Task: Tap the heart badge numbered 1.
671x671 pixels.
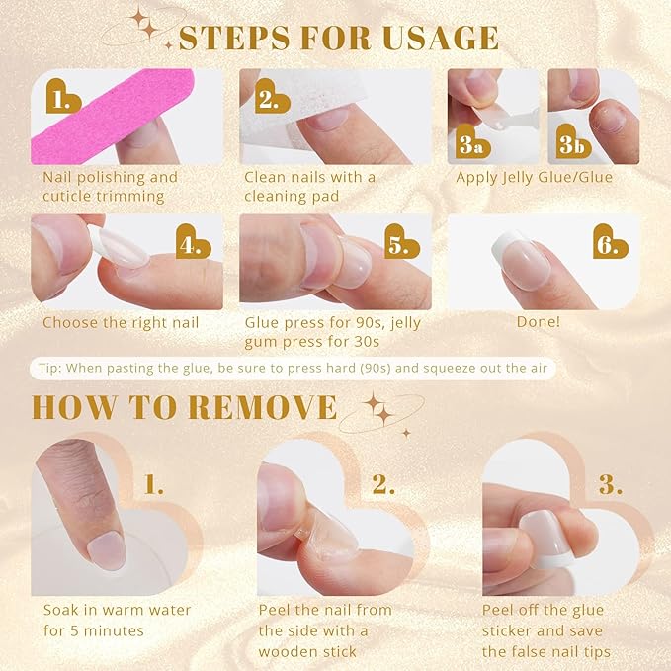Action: [x=65, y=99]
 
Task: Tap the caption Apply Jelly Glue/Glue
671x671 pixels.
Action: [x=534, y=178]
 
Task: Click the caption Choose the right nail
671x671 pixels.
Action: [x=121, y=322]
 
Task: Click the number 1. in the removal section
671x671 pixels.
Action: [x=155, y=484]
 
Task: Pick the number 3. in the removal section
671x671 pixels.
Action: [x=610, y=484]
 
